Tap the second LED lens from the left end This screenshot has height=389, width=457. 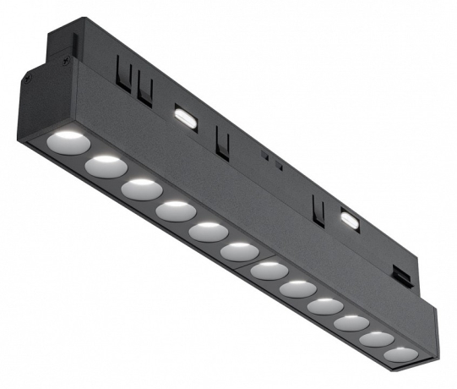pyautogui.click(x=104, y=162)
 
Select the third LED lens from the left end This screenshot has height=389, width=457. pyautogui.click(x=139, y=187)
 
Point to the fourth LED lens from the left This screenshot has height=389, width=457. pyautogui.click(x=174, y=210)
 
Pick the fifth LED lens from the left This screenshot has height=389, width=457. pyautogui.click(x=207, y=232)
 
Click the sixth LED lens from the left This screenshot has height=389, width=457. pyautogui.click(x=239, y=252)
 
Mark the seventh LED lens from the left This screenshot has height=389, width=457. pyautogui.click(x=269, y=271)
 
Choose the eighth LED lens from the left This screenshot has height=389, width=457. pyautogui.click(x=297, y=290)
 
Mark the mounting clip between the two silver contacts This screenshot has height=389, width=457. pyautogui.click(x=221, y=142)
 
